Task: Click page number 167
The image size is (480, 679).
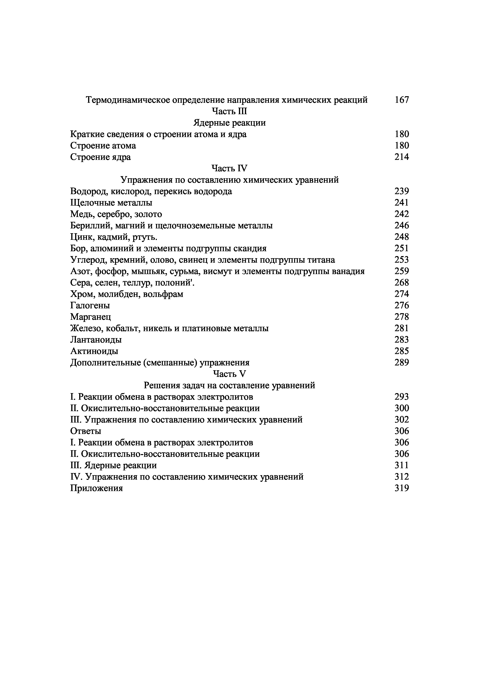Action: pos(402,100)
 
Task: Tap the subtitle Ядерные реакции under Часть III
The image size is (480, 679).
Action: pos(229,123)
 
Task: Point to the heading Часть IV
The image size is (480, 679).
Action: pos(229,168)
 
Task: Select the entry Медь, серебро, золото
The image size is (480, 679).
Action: pos(116,214)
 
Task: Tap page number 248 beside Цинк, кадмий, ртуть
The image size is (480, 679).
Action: pos(402,237)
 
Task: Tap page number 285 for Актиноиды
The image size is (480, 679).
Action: pos(402,351)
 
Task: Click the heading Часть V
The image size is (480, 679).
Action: pos(229,374)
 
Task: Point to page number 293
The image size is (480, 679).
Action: pos(402,397)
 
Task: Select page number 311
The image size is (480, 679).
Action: pos(402,466)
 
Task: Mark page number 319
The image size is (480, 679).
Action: pos(402,488)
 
